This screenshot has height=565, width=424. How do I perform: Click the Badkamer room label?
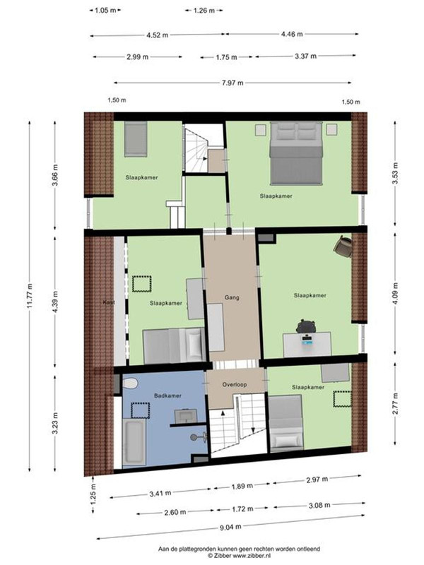(x=167, y=395)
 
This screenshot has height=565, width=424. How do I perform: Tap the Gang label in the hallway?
(x=232, y=297)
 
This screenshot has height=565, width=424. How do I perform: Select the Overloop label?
(x=235, y=384)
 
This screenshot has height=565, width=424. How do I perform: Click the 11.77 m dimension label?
(x=30, y=295)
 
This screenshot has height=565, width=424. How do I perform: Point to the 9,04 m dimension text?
(x=231, y=527)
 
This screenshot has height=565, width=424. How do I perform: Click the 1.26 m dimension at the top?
(x=204, y=11)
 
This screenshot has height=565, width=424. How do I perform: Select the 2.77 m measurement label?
(x=396, y=403)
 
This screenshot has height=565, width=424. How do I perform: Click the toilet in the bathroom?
(x=130, y=383)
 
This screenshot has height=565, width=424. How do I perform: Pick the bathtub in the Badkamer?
(x=134, y=442)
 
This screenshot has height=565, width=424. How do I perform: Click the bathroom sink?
(x=186, y=416)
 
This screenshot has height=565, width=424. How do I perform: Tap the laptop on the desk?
(x=307, y=340)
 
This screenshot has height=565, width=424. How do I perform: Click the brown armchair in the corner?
(x=343, y=246)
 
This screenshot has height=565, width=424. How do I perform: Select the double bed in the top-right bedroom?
(x=296, y=153)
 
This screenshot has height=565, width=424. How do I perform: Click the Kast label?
(x=109, y=302)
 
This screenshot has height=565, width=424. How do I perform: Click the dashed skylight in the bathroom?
(x=140, y=411)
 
